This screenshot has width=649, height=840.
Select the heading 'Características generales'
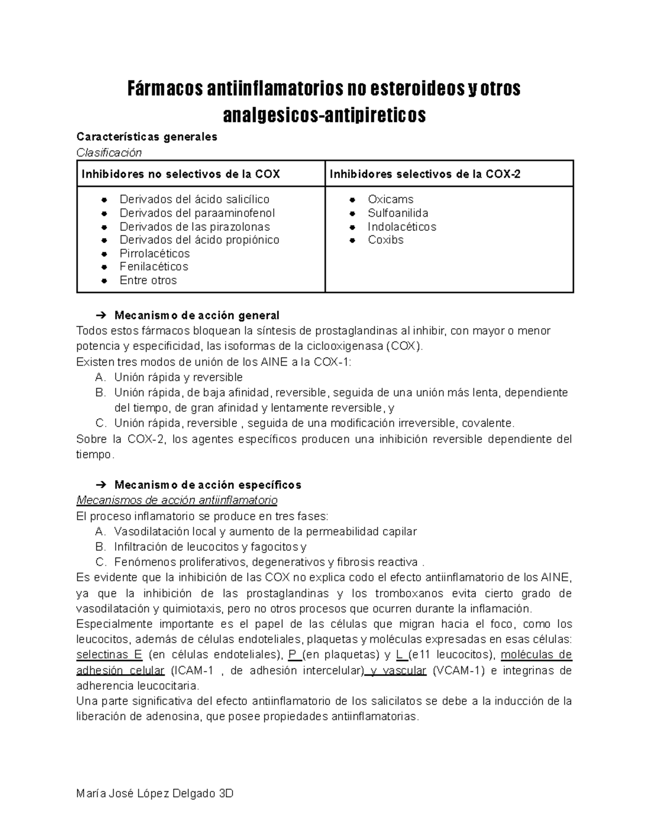tap(147, 137)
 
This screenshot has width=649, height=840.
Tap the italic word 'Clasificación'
tap(109, 153)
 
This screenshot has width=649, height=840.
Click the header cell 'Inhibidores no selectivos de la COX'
tap(181, 174)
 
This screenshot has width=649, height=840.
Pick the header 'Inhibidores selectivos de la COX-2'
tap(425, 174)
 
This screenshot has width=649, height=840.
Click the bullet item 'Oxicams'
tap(390, 200)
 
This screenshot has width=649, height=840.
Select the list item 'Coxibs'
tap(386, 240)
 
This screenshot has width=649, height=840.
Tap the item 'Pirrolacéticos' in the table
tap(155, 254)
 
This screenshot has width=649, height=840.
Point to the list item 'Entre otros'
tap(148, 280)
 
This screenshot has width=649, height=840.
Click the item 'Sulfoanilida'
tap(398, 213)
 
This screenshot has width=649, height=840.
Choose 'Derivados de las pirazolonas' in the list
tap(195, 227)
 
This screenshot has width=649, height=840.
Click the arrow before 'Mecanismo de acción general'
tap(101, 315)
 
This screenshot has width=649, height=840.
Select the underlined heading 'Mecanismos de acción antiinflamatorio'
tap(177, 499)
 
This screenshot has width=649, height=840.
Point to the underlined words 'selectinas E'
tap(109, 655)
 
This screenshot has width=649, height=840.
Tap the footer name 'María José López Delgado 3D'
tap(155, 794)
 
